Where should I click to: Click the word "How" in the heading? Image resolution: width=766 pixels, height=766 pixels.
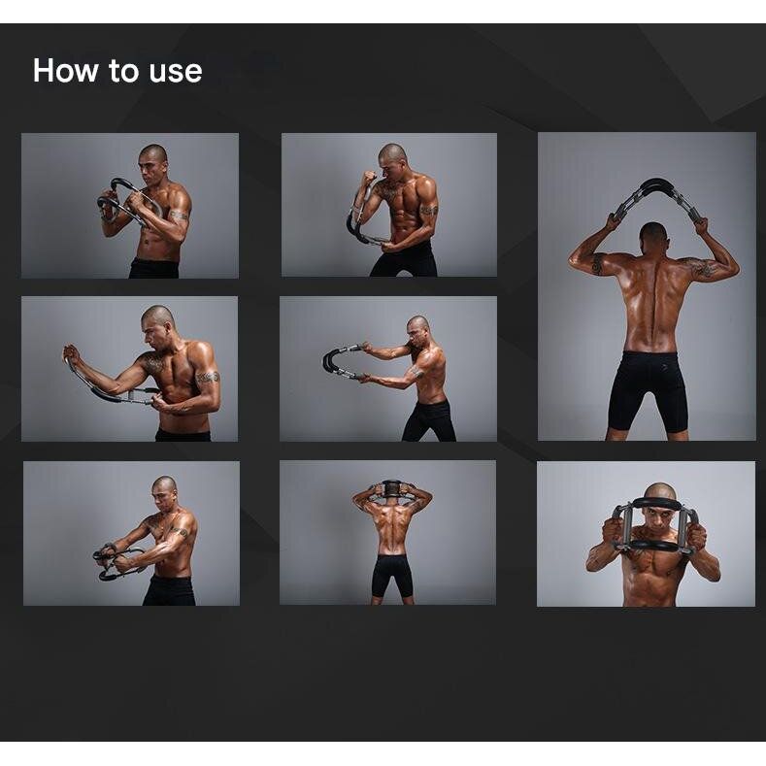65,71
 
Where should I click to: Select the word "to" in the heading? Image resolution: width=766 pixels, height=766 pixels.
123,71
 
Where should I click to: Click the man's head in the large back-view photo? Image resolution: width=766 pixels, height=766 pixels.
653,238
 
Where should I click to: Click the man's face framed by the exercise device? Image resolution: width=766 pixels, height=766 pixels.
658,522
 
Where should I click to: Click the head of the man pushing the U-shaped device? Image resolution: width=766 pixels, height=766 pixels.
419,330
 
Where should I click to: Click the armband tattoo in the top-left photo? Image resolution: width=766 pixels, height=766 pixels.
179,215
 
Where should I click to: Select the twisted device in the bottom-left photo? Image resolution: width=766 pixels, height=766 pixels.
116,562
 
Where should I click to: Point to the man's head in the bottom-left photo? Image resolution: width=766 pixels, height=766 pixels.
165,492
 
